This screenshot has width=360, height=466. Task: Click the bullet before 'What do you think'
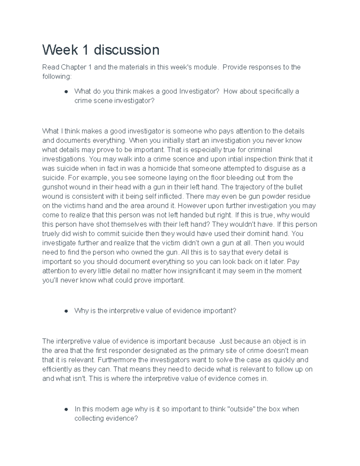[x=65, y=92]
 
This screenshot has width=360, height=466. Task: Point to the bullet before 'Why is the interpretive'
[x=65, y=311]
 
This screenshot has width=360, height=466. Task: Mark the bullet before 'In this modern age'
[x=65, y=409]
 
